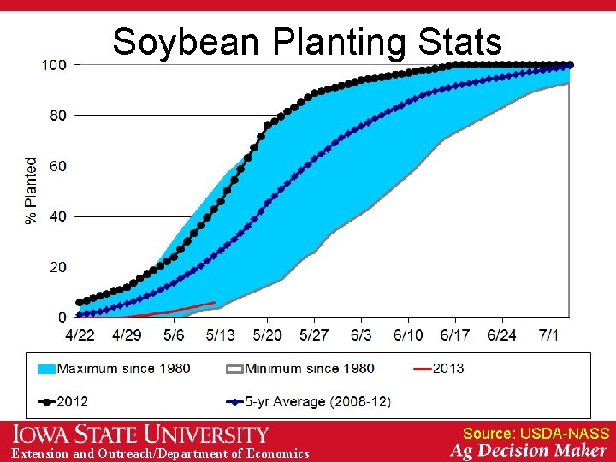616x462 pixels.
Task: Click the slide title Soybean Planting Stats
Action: (x=307, y=41)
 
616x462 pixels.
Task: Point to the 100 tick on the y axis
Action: (x=55, y=65)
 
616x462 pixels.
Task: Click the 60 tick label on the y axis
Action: (x=57, y=166)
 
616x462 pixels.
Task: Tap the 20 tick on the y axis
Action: (x=57, y=267)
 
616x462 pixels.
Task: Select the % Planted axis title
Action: (x=32, y=191)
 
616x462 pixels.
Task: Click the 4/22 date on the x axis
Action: (x=80, y=335)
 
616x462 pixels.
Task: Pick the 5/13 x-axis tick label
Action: (x=221, y=335)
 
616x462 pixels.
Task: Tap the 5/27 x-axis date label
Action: (x=314, y=335)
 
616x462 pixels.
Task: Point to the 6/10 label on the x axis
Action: (x=408, y=335)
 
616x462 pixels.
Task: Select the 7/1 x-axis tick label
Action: (x=548, y=335)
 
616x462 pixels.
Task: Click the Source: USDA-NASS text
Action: (x=536, y=434)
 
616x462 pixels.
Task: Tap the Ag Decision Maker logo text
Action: (x=529, y=451)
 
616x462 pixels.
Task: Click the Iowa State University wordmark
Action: (x=140, y=435)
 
